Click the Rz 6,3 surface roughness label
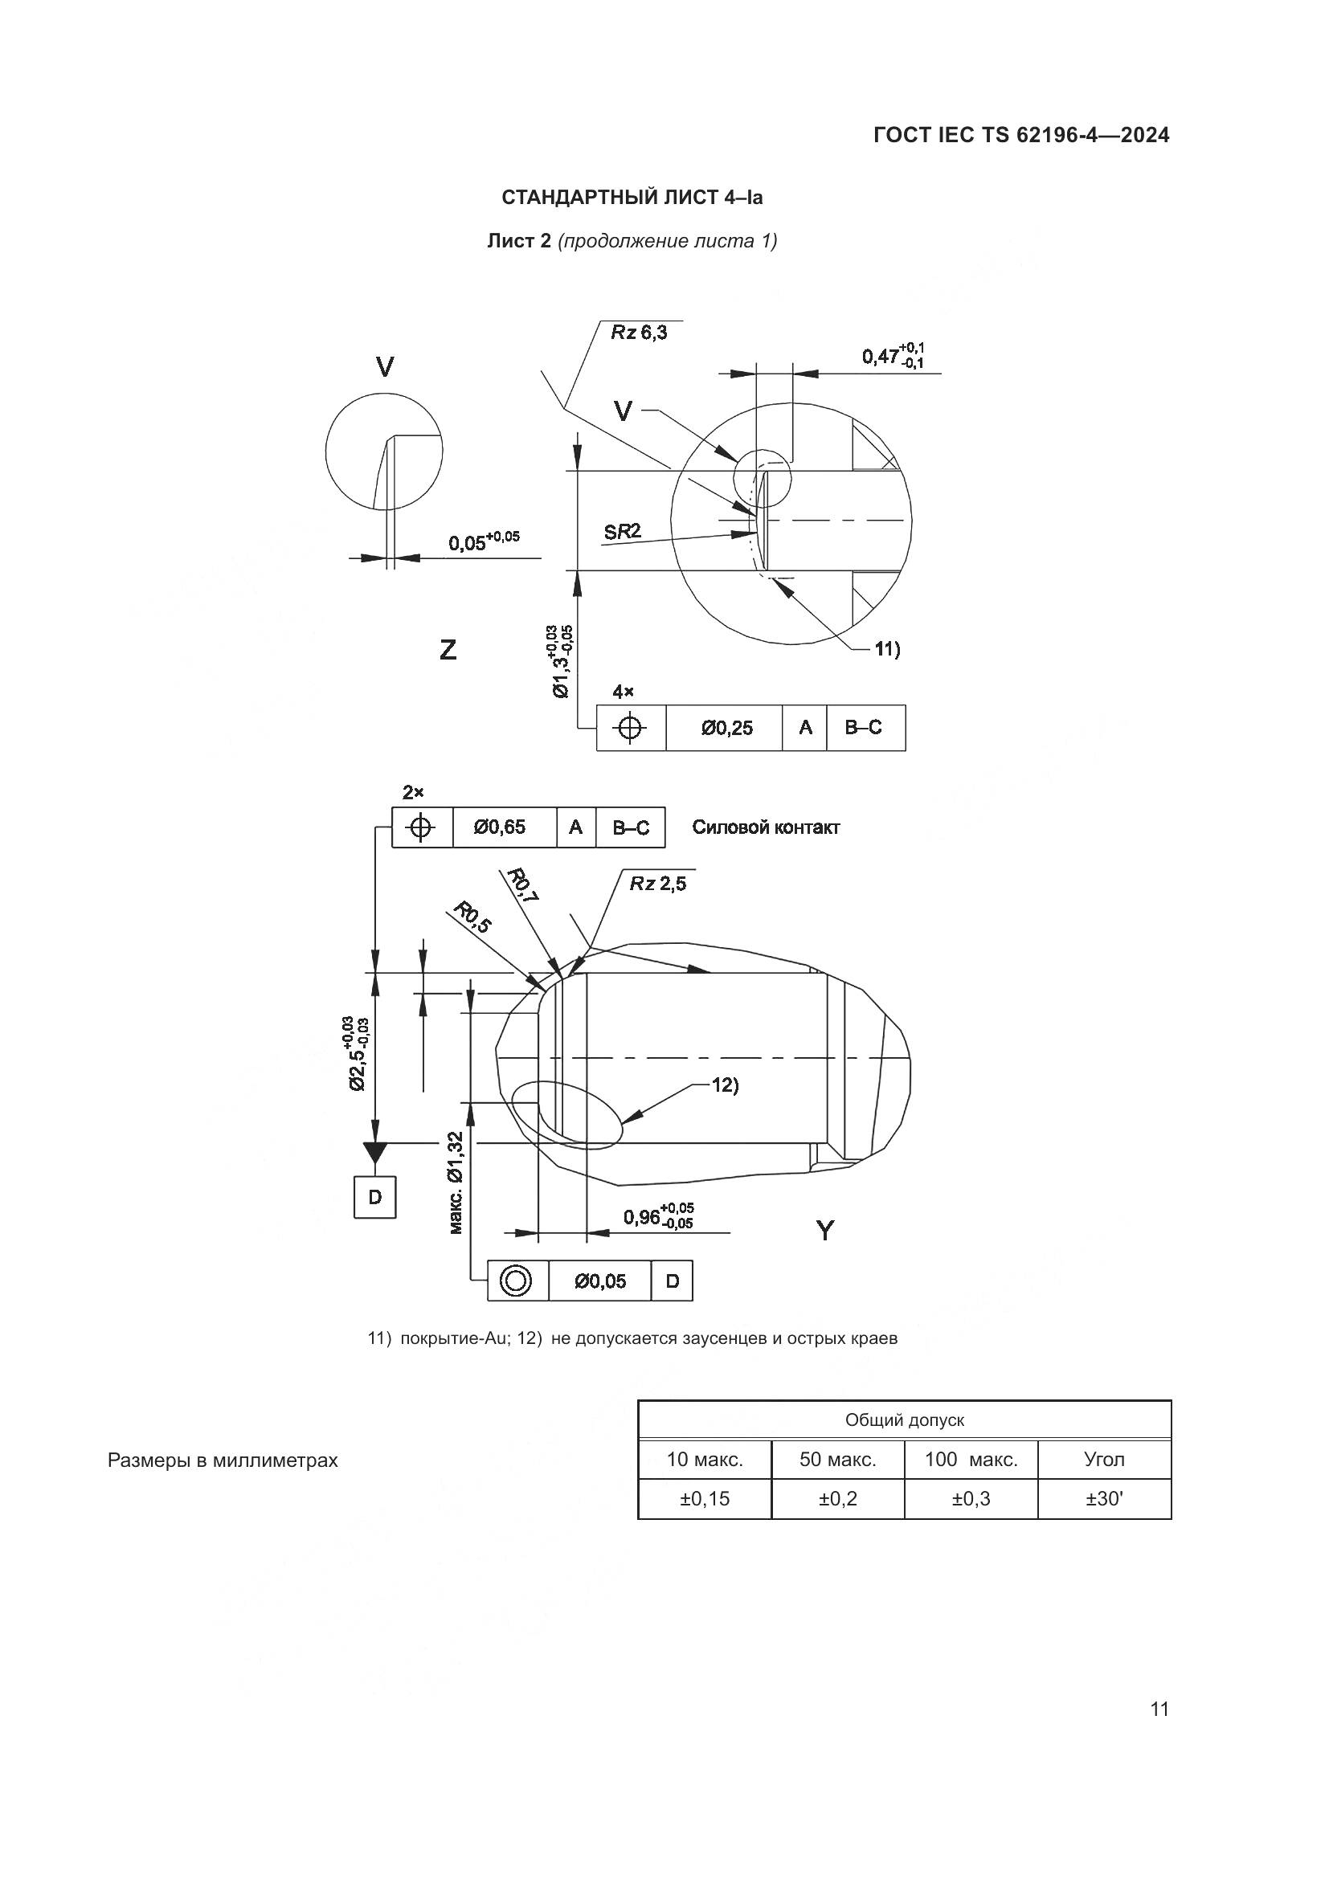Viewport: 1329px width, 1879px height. [639, 333]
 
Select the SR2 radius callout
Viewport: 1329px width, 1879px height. [622, 532]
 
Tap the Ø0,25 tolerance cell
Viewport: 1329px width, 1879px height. [726, 728]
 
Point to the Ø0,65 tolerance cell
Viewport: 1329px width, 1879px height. [500, 827]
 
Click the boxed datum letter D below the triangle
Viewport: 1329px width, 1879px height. [374, 1197]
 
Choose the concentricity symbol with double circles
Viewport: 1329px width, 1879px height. [517, 1281]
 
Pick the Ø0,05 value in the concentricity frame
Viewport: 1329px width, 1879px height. [599, 1281]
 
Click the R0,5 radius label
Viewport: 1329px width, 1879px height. [473, 918]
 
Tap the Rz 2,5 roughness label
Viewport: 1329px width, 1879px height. [658, 884]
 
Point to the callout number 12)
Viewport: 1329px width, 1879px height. [724, 1085]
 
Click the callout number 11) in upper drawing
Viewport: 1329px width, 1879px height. [887, 649]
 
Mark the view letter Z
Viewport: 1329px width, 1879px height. [448, 650]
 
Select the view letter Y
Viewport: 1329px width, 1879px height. [825, 1230]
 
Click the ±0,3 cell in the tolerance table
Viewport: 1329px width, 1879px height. [971, 1498]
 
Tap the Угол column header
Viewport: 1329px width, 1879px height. [1104, 1459]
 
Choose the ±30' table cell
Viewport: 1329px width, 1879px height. [1104, 1498]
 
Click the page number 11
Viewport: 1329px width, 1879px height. [1159, 1709]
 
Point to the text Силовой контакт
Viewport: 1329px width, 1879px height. [765, 827]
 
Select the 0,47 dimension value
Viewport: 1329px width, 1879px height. [880, 357]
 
